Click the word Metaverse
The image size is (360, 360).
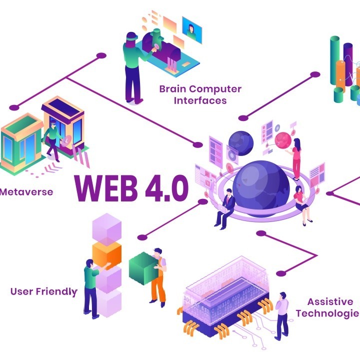coord(26,192)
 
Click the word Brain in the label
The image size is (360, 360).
coord(173,89)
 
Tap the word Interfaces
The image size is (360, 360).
coord(200,100)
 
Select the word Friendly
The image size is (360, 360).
coord(56,292)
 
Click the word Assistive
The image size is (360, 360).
coord(330,301)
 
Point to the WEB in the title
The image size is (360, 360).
coord(106,188)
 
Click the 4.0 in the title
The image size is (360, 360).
coord(167,188)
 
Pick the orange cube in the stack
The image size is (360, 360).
coord(107,254)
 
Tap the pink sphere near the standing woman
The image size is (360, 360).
coord(283,140)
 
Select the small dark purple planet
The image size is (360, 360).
coord(241,143)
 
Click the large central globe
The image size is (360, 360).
coord(261,188)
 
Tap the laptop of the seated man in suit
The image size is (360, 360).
coord(222,208)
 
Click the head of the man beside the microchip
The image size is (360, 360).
coord(283,295)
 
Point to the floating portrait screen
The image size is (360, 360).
coord(192,30)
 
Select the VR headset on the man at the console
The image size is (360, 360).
coord(132,36)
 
